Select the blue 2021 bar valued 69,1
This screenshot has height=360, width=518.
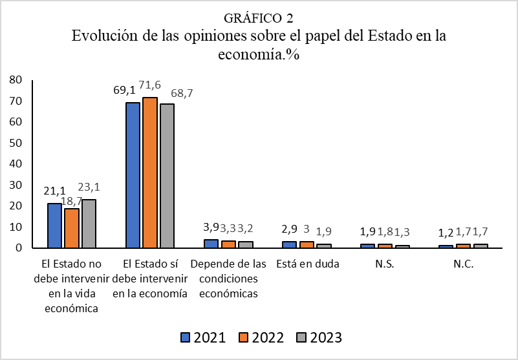click(133, 175)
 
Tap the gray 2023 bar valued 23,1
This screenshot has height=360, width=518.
click(88, 224)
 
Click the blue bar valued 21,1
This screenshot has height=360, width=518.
click(54, 226)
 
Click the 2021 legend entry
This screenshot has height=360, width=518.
click(202, 337)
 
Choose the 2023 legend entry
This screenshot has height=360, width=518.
click(319, 337)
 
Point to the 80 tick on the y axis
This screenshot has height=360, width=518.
click(16, 80)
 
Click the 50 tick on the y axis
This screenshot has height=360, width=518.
click(16, 143)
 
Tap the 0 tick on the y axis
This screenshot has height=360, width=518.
click(19, 248)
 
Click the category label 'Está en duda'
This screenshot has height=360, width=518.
click(307, 265)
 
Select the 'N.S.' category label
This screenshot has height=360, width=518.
click(385, 265)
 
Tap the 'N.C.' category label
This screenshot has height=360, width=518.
click(464, 265)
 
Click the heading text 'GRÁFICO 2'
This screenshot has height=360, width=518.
click(259, 18)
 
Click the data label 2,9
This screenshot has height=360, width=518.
click(289, 230)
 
